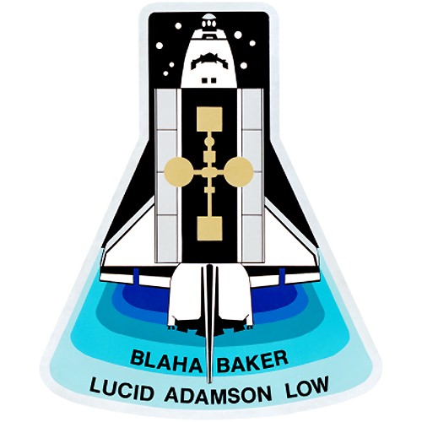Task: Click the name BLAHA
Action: (167, 360)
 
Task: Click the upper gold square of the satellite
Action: (209, 119)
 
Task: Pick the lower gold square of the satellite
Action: (209, 229)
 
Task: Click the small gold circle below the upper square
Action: (209, 142)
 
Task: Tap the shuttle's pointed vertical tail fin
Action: (209, 323)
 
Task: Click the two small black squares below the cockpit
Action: (209, 80)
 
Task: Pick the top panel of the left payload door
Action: (166, 110)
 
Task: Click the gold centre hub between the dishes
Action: (209, 172)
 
